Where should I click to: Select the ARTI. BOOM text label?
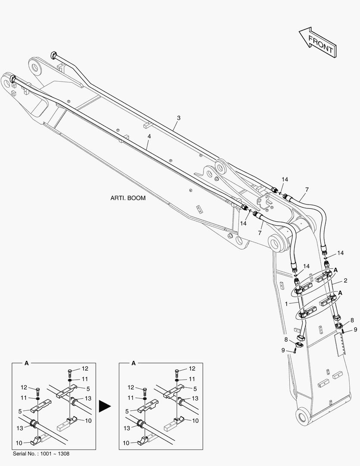128,198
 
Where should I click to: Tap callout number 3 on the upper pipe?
179,118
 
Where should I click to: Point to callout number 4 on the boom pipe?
149,136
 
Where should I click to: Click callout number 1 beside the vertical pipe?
286,304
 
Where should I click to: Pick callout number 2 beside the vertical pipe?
345,280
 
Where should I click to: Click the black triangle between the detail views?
105,406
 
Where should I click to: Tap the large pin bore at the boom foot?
303,416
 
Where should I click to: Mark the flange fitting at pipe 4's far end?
13,79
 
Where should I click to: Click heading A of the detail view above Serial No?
26,363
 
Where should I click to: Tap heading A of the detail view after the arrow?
133,363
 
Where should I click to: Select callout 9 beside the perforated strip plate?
355,330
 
